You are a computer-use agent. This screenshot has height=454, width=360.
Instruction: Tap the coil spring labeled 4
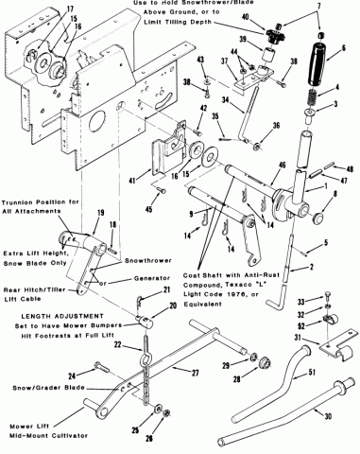[312, 97]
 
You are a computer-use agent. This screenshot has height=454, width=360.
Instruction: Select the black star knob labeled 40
[271, 34]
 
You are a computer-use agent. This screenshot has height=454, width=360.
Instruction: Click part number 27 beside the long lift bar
[196, 373]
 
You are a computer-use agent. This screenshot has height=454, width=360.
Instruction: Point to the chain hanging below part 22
[146, 380]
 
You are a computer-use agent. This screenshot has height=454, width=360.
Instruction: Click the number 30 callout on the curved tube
[328, 416]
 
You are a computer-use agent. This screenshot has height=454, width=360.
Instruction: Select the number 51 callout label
[312, 373]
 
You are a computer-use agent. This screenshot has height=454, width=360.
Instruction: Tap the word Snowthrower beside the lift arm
[148, 261]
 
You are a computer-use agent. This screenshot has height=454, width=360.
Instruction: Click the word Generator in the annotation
[152, 278]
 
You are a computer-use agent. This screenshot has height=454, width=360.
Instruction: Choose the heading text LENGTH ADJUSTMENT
[62, 316]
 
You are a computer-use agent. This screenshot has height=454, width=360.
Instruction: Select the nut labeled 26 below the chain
[166, 412]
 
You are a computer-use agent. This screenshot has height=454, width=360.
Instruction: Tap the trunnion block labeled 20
[144, 322]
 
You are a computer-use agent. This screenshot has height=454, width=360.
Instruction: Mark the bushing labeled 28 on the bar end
[264, 363]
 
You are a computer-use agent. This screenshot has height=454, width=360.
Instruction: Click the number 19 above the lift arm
[100, 213]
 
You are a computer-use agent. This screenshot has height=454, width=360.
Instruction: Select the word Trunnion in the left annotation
[15, 202]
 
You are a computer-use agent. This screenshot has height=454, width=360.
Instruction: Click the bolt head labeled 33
[328, 295]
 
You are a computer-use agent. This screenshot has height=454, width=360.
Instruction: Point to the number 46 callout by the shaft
[282, 165]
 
